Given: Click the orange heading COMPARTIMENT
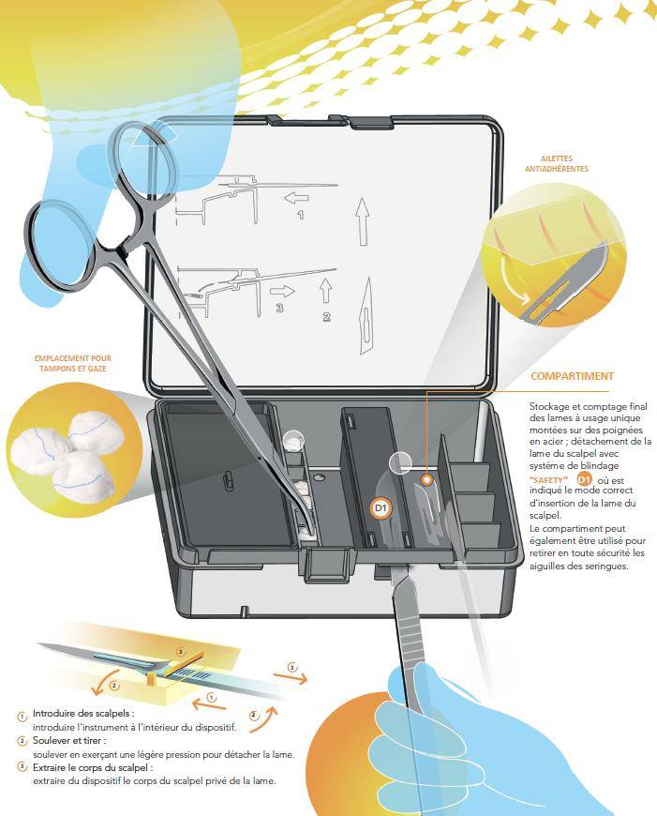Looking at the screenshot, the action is (572, 376).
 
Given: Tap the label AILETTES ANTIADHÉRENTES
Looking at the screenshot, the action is (557, 163).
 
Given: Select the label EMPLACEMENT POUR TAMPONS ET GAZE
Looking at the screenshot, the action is (73, 363).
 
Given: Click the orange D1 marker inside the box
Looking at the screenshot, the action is (381, 507).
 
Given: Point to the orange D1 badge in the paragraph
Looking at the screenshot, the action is (585, 479).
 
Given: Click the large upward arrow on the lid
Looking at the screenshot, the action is (363, 221).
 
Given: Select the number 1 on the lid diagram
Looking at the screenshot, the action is (301, 215).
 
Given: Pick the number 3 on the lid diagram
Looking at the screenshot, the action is (280, 308).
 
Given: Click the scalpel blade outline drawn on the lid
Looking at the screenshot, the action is (366, 315).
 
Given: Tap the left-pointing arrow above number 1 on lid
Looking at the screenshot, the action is (296, 198).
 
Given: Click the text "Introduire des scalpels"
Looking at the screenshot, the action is (83, 713).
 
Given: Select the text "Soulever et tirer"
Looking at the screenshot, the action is (69, 740).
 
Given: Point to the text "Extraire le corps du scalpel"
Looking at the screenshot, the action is (93, 767).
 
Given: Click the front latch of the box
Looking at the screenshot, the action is (327, 565).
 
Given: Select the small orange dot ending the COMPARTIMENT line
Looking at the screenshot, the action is (426, 480).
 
